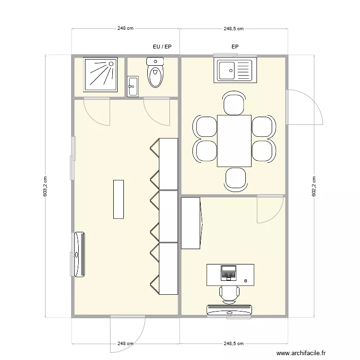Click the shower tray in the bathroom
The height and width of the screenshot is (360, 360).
(100, 74)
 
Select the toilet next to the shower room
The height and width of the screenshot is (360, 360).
(155, 73)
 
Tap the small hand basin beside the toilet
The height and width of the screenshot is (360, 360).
(133, 86)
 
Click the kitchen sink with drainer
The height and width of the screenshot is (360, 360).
(234, 70)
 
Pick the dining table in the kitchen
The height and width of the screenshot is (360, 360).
(234, 141)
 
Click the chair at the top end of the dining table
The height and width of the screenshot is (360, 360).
(235, 105)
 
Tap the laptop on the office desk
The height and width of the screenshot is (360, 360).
(228, 273)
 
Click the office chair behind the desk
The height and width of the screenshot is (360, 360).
(229, 293)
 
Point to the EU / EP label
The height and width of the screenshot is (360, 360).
(162, 47)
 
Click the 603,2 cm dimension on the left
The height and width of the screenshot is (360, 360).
(45, 186)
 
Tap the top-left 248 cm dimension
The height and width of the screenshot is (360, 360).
(125, 28)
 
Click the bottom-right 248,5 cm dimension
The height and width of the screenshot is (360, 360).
(233, 344)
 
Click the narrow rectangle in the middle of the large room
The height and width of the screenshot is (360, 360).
(119, 199)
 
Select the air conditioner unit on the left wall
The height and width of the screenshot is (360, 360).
(79, 254)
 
